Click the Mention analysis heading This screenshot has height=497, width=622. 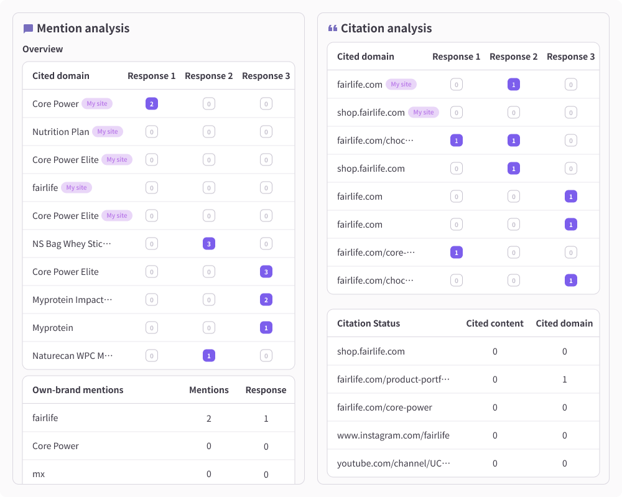pyautogui.click(x=83, y=28)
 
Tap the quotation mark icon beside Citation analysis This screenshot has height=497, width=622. pyautogui.click(x=333, y=28)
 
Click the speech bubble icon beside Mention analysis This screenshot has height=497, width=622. pyautogui.click(x=28, y=29)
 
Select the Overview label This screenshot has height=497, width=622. pyautogui.click(x=42, y=49)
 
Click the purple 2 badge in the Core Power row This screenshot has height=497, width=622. pyautogui.click(x=152, y=104)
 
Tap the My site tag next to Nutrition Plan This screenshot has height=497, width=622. pyautogui.click(x=108, y=132)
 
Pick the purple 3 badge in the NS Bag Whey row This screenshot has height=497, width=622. pyautogui.click(x=209, y=244)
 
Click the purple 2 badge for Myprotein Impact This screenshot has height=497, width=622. pyautogui.click(x=266, y=300)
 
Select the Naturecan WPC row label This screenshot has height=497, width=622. pyautogui.click(x=73, y=356)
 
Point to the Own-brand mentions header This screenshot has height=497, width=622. pyautogui.click(x=78, y=390)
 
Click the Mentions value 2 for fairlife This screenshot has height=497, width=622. pyautogui.click(x=209, y=419)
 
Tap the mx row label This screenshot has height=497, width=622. pyautogui.click(x=39, y=474)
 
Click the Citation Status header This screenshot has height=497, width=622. pyautogui.click(x=368, y=323)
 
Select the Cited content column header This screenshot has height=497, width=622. pyautogui.click(x=494, y=323)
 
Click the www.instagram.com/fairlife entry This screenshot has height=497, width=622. pyautogui.click(x=393, y=435)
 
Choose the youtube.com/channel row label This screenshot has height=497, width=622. pyautogui.click(x=394, y=463)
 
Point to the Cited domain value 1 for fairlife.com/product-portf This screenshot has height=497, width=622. pyautogui.click(x=565, y=379)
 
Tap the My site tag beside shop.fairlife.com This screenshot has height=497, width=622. pyautogui.click(x=423, y=112)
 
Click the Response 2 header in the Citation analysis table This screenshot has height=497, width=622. pyautogui.click(x=513, y=57)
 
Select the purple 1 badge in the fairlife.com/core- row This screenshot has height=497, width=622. pyautogui.click(x=457, y=253)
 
